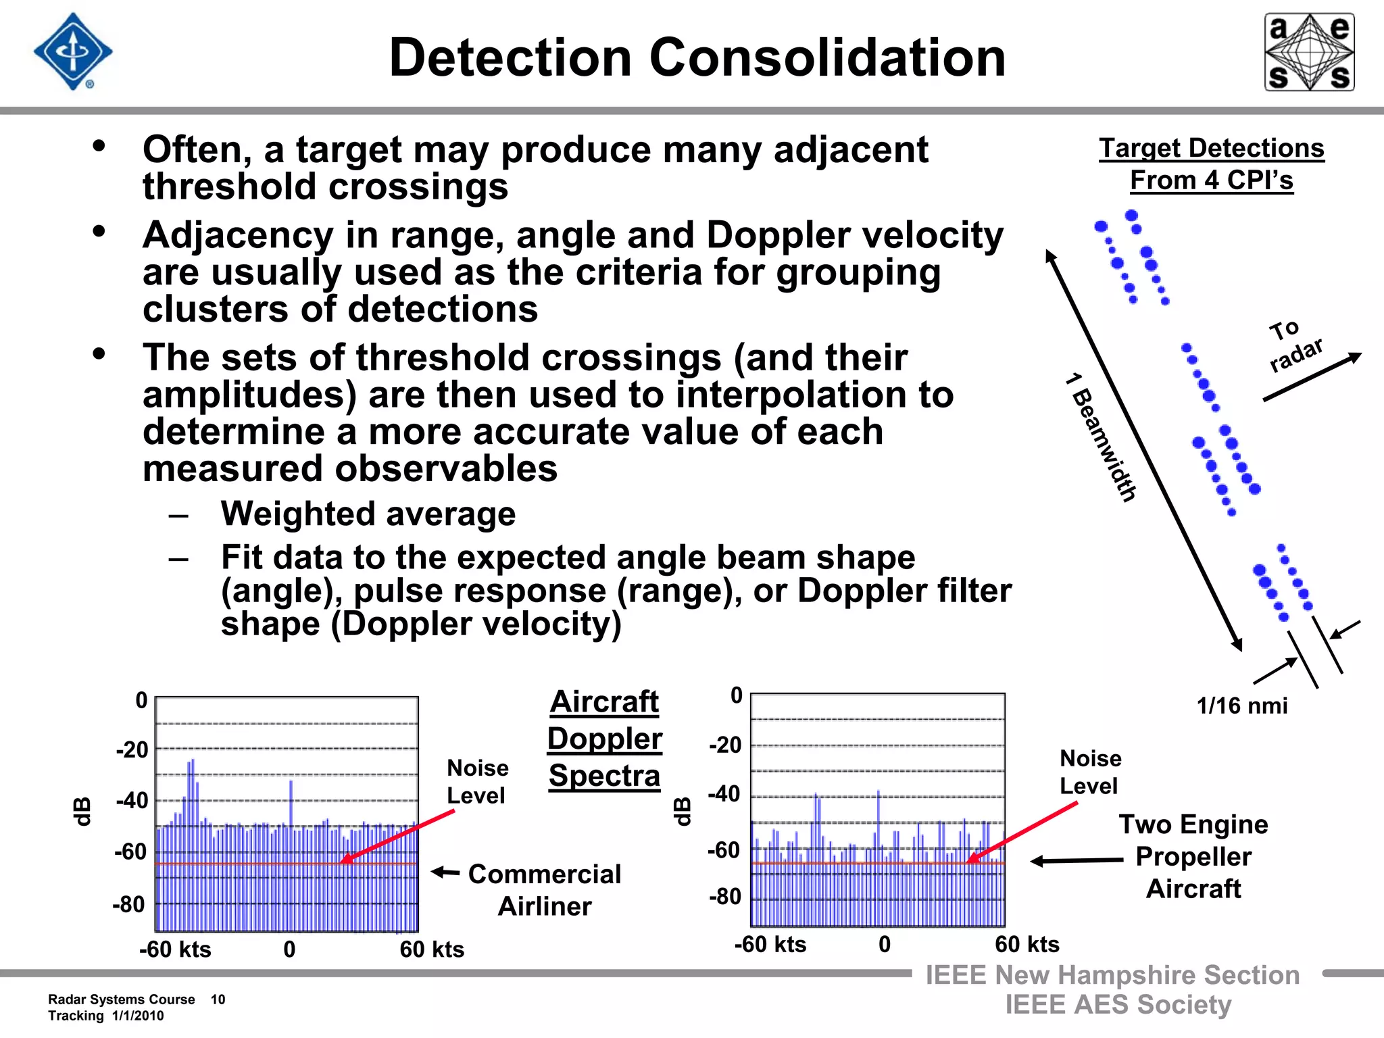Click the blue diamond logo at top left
coord(73,51)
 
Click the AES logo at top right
coord(1309,52)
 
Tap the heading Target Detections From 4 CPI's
coord(1211,164)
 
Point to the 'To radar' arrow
coord(1311,377)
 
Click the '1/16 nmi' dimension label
coord(1241,706)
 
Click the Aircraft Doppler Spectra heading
coord(604,739)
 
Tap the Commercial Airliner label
coord(544,889)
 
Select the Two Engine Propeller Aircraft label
coord(1193,856)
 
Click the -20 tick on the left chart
coord(132,750)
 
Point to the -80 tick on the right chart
coord(725,897)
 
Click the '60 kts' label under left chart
coord(432,949)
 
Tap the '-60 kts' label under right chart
coord(770,944)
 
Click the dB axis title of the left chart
coord(82,811)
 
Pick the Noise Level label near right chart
coord(1090,772)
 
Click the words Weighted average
coord(368,514)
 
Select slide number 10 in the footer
coord(218,999)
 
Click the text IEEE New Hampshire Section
coord(1112,975)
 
